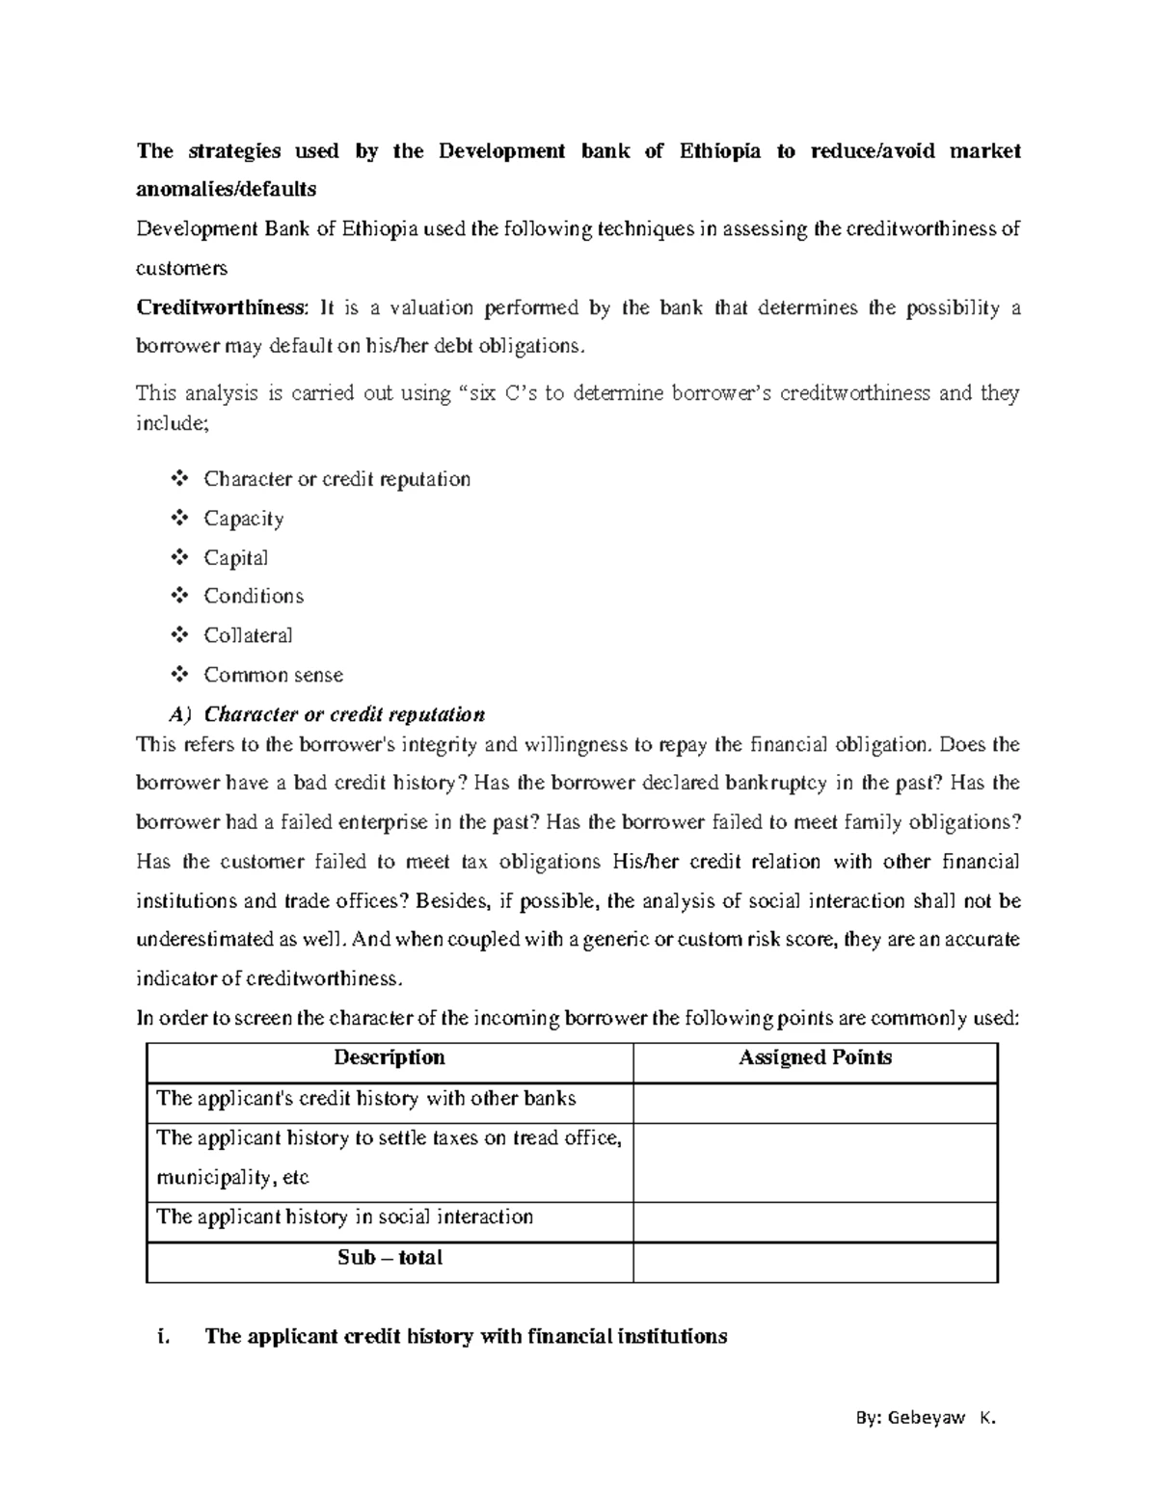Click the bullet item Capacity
243,519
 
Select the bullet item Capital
235,558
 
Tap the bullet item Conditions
254,597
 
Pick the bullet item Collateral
248,635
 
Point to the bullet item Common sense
273,675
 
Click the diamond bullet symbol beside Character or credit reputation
179,479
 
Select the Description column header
390,1057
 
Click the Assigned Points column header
815,1057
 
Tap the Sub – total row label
390,1258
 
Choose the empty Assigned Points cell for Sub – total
815,1262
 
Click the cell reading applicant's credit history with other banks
366,1099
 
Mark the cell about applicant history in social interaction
345,1217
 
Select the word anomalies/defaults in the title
227,189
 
